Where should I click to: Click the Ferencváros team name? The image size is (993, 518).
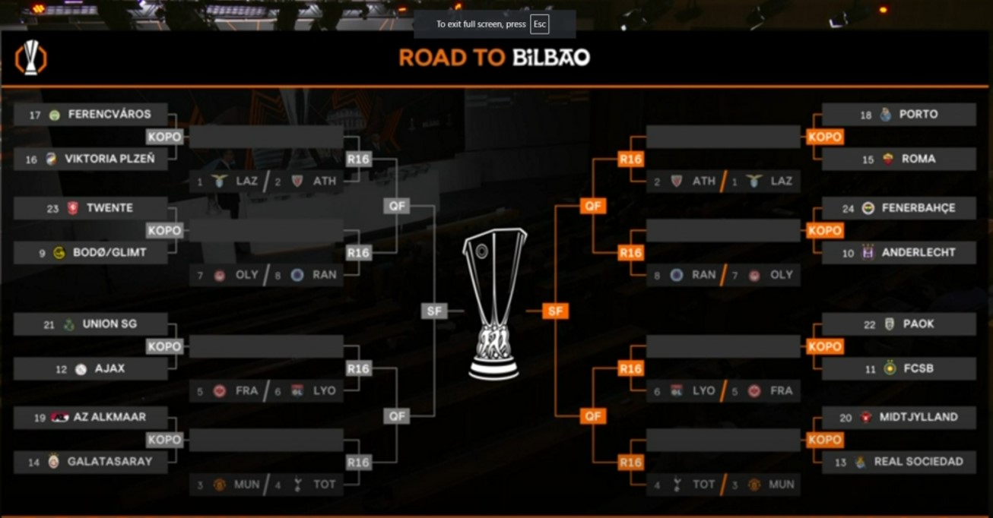[109, 115]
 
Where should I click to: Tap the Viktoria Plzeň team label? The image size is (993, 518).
[109, 159]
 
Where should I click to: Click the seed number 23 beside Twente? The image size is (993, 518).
[52, 209]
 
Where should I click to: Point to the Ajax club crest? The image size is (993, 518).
[81, 369]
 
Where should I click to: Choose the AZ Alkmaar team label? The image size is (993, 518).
[109, 417]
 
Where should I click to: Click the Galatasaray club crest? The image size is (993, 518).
[53, 462]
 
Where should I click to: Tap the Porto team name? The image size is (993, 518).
[918, 115]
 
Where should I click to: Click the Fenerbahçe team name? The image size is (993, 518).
[918, 208]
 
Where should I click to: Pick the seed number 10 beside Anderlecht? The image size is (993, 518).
[848, 254]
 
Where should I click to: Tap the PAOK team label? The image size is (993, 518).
[918, 324]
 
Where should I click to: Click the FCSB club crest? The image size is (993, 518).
[890, 369]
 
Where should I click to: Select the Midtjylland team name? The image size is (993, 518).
[918, 417]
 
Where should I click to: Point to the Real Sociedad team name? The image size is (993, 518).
[918, 462]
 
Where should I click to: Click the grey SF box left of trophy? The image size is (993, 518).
[433, 311]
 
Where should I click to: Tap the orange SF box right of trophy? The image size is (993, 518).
[556, 311]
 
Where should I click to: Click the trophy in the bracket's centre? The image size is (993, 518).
[494, 304]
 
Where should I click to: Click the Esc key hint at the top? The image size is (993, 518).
[539, 24]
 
